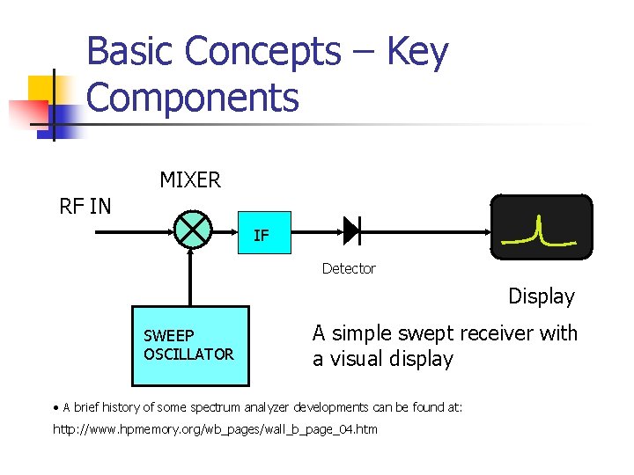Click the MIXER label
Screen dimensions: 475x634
(x=190, y=180)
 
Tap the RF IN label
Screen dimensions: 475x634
(x=85, y=207)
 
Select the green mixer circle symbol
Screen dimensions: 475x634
(x=192, y=230)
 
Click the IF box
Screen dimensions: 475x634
(x=261, y=235)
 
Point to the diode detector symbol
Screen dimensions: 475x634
(x=351, y=230)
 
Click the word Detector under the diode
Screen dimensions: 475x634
(x=348, y=268)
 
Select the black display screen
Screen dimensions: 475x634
(x=541, y=228)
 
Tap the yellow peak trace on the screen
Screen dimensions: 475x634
(x=539, y=232)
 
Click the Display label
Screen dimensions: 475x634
(x=541, y=296)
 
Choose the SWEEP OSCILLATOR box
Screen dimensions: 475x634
(x=190, y=346)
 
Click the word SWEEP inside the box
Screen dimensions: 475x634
(x=168, y=336)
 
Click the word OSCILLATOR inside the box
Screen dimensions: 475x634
(x=188, y=354)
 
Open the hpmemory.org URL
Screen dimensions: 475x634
(x=215, y=429)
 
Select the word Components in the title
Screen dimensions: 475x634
(x=193, y=97)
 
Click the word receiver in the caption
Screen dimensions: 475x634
(x=498, y=333)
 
